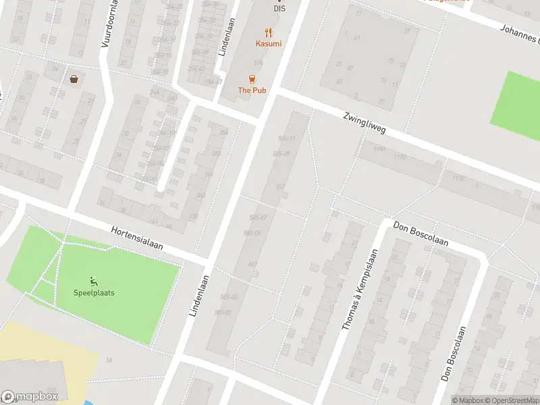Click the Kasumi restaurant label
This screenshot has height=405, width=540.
tap(268, 44)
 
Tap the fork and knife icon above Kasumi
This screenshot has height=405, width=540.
tap(268, 32)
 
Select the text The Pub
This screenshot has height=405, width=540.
tap(252, 90)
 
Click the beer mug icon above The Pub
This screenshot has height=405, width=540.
tap(252, 78)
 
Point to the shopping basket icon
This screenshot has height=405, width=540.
tap(74, 78)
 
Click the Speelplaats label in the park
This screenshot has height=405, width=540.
tap(94, 293)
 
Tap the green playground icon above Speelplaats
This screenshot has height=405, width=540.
tap(94, 281)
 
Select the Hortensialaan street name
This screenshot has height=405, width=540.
tap(137, 238)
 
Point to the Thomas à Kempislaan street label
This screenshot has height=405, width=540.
tap(358, 289)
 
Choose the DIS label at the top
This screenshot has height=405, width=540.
tap(279, 9)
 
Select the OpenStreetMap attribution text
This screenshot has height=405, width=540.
tap(510, 400)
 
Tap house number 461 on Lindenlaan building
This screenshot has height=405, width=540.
tap(252, 264)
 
